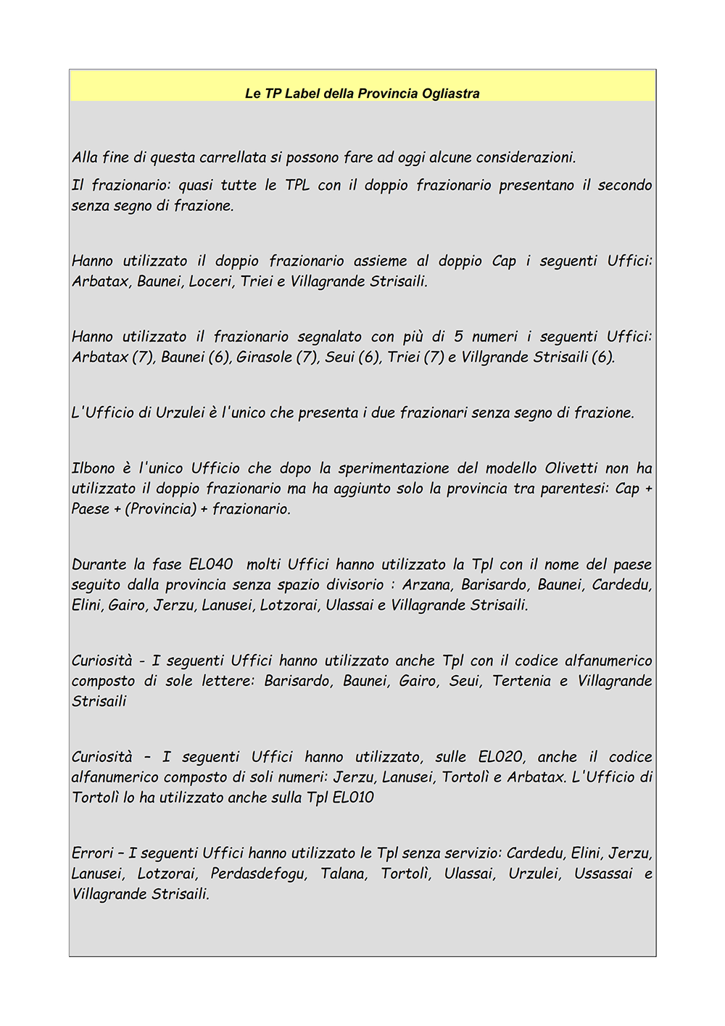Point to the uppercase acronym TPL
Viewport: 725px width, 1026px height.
click(x=297, y=185)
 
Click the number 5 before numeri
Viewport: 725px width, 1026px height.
click(x=458, y=336)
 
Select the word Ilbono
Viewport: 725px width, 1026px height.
click(x=93, y=468)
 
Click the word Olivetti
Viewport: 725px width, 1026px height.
click(x=571, y=468)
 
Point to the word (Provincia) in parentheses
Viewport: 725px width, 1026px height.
click(x=161, y=509)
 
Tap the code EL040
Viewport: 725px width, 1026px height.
click(x=211, y=564)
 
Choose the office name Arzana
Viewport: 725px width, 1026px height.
click(x=426, y=584)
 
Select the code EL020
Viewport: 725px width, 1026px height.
click(x=500, y=757)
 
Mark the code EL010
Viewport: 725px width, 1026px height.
click(x=352, y=798)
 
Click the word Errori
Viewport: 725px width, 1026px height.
click(x=92, y=853)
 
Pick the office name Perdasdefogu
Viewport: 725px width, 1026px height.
click(x=258, y=874)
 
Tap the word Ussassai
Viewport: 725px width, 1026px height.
click(x=603, y=874)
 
